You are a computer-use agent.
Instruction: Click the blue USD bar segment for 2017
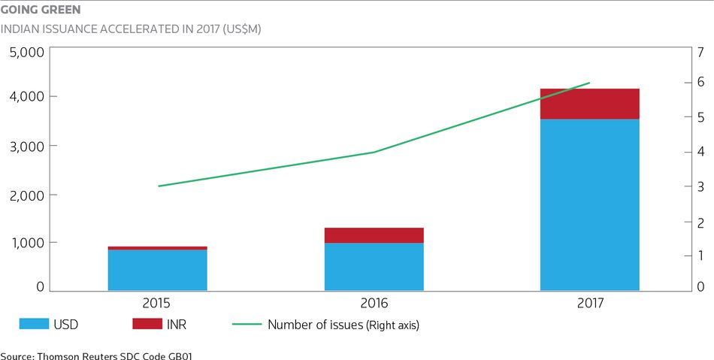tap(590, 205)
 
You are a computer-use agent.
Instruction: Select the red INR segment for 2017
tap(590, 104)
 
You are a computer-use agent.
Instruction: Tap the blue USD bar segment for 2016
tap(374, 267)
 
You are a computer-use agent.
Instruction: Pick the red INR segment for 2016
tap(374, 235)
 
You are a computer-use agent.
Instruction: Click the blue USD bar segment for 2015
tap(158, 270)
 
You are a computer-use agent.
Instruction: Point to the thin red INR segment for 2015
tap(158, 248)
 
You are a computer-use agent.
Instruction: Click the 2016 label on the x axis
tap(374, 303)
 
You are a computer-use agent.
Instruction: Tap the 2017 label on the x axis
tap(590, 303)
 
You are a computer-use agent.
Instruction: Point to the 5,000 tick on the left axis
tap(27, 52)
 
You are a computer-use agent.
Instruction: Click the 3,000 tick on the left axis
tap(27, 146)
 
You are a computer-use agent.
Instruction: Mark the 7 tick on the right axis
tap(700, 52)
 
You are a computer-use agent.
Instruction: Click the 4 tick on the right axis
tap(700, 152)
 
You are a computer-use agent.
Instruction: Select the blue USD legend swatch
tap(34, 324)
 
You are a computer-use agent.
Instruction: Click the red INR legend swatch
tap(147, 324)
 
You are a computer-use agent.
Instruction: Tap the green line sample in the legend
tap(247, 324)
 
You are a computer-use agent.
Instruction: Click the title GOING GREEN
tap(41, 10)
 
